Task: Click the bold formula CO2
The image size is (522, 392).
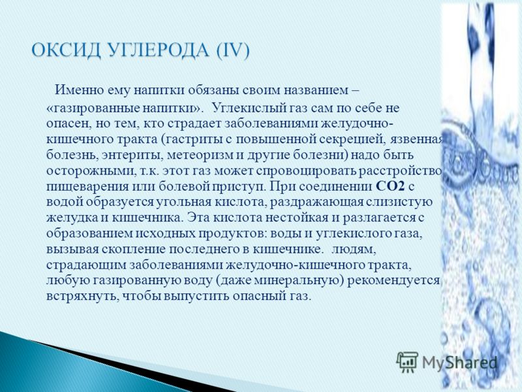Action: point(390,186)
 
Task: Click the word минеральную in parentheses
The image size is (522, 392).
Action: point(298,281)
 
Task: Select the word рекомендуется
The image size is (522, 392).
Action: point(394,281)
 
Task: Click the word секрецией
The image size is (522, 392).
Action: point(350,140)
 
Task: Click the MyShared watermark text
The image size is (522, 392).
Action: point(459,363)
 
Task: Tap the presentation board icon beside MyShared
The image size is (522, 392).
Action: point(407,362)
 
